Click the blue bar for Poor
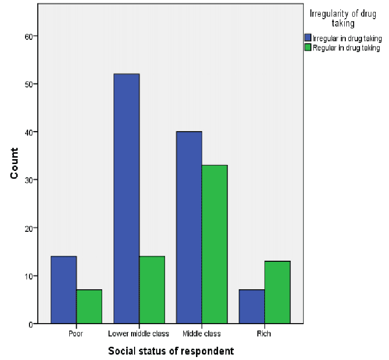click(63, 290)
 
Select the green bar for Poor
click(89, 306)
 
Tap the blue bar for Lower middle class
click(126, 198)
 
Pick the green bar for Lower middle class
click(152, 290)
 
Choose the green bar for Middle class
click(215, 244)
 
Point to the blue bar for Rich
click(252, 306)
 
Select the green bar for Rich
click(277, 292)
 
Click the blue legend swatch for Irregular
click(308, 38)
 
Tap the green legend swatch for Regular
click(308, 48)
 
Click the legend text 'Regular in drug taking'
click(346, 48)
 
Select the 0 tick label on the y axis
click(30, 324)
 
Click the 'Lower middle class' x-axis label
click(139, 334)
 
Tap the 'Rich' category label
click(264, 334)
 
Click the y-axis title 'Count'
click(15, 163)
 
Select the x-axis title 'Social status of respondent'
click(171, 351)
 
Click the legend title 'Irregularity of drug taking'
click(343, 18)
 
